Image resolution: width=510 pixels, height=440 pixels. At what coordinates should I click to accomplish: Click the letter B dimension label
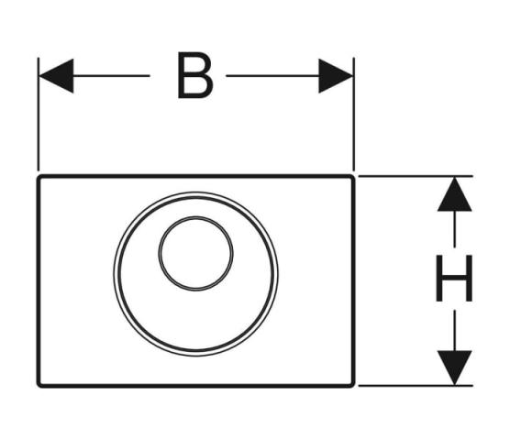[195, 75]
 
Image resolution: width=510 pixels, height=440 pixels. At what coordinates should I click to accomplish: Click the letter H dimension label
[454, 278]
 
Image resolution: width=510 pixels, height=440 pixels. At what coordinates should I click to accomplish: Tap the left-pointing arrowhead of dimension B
[56, 76]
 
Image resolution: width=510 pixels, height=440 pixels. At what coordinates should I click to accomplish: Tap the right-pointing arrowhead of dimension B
[336, 76]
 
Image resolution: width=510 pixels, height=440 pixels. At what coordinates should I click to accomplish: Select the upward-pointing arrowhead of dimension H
[454, 194]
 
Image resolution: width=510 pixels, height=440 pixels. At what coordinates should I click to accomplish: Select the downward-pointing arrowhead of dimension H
[454, 368]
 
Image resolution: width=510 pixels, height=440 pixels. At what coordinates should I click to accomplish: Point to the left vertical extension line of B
[39, 114]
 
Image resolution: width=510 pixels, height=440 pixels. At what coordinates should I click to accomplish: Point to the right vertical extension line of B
[354, 114]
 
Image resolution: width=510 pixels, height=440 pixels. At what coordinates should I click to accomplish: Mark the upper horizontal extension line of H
[416, 176]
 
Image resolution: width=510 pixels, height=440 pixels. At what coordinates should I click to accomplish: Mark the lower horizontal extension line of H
[416, 386]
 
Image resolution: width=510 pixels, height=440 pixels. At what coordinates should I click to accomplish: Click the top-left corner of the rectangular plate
[39, 176]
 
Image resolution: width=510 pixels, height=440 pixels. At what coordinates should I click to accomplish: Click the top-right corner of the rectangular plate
[353, 176]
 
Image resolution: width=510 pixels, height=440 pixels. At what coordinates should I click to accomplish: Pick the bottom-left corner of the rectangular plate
[39, 386]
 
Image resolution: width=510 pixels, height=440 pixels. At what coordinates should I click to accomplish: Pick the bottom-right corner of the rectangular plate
[353, 386]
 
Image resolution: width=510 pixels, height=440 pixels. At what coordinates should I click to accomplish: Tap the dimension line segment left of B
[112, 76]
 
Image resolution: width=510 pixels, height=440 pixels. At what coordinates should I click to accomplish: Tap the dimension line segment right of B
[272, 76]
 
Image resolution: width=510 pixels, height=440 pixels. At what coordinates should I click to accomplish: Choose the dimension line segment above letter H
[454, 229]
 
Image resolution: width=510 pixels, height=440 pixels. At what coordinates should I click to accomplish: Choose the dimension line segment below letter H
[454, 331]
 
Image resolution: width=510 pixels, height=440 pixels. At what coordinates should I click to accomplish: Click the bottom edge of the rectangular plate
[195, 386]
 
